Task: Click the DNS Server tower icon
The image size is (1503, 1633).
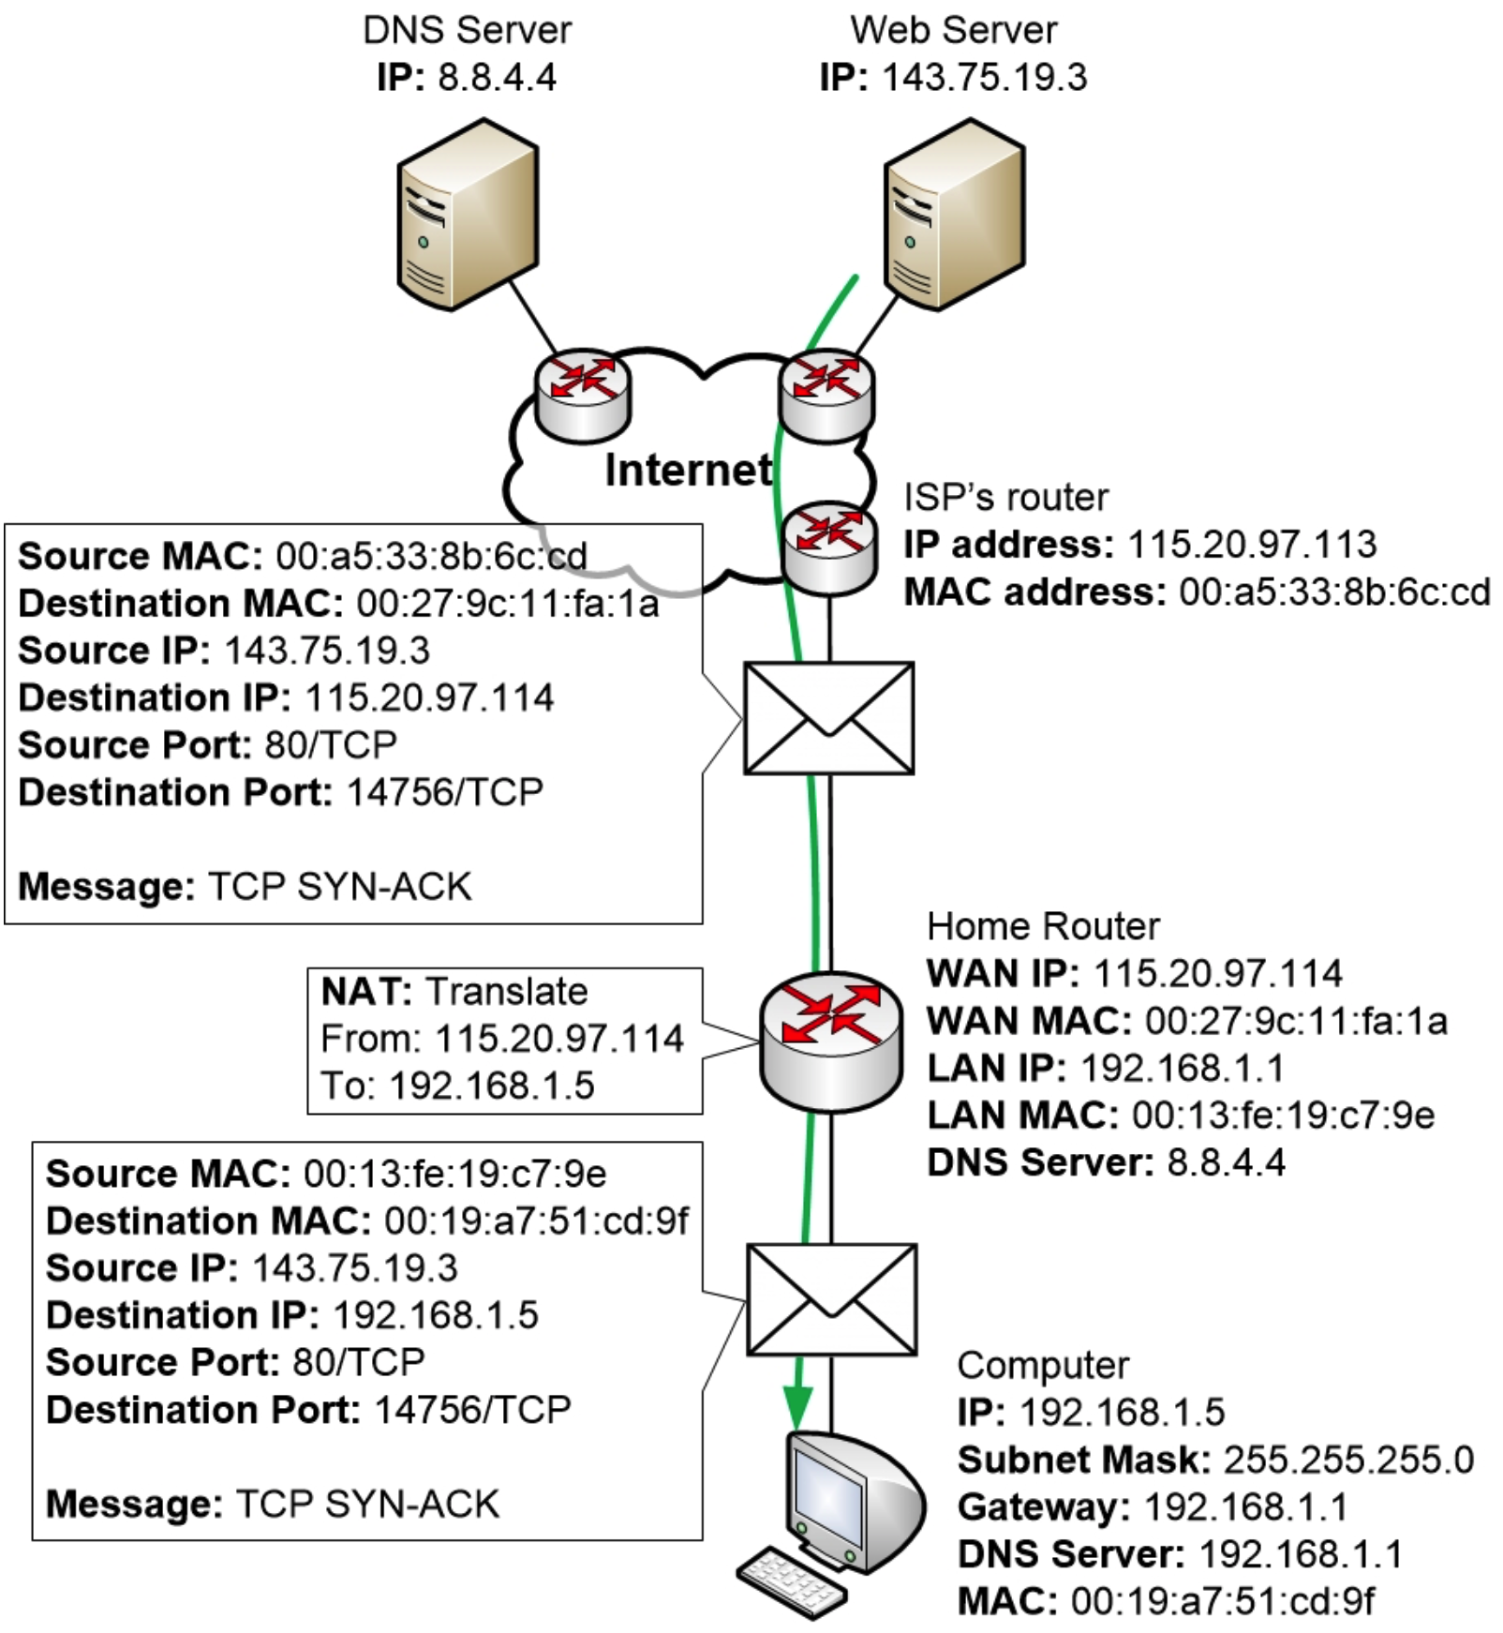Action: pyautogui.click(x=467, y=216)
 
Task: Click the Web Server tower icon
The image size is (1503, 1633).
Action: pyautogui.click(x=954, y=216)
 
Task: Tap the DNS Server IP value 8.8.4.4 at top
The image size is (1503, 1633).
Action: pyautogui.click(x=497, y=77)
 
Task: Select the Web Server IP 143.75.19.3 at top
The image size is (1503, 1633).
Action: pyautogui.click(x=984, y=77)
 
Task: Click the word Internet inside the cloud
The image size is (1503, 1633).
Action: pyautogui.click(x=689, y=471)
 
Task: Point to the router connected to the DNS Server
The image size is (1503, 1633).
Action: pyautogui.click(x=583, y=394)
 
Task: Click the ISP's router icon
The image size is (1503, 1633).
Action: pyautogui.click(x=829, y=547)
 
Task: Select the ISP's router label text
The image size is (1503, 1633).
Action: pyautogui.click(x=1005, y=498)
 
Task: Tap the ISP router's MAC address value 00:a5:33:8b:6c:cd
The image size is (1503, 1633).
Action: pyautogui.click(x=1333, y=592)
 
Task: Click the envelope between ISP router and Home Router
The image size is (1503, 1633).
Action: pyautogui.click(x=828, y=718)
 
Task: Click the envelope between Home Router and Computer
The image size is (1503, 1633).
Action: pyautogui.click(x=831, y=1299)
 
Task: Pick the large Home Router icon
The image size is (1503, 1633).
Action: pyautogui.click(x=830, y=1041)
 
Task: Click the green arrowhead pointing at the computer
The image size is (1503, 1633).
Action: pyautogui.click(x=798, y=1406)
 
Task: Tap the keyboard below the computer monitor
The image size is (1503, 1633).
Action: pyautogui.click(x=792, y=1581)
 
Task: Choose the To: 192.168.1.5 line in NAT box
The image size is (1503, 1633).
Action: pyautogui.click(x=457, y=1086)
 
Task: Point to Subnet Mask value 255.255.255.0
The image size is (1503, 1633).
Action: pyautogui.click(x=1347, y=1460)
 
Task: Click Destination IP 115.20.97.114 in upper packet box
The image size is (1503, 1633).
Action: pyautogui.click(x=429, y=697)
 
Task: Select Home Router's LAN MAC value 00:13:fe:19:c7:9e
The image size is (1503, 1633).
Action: pyautogui.click(x=1282, y=1116)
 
